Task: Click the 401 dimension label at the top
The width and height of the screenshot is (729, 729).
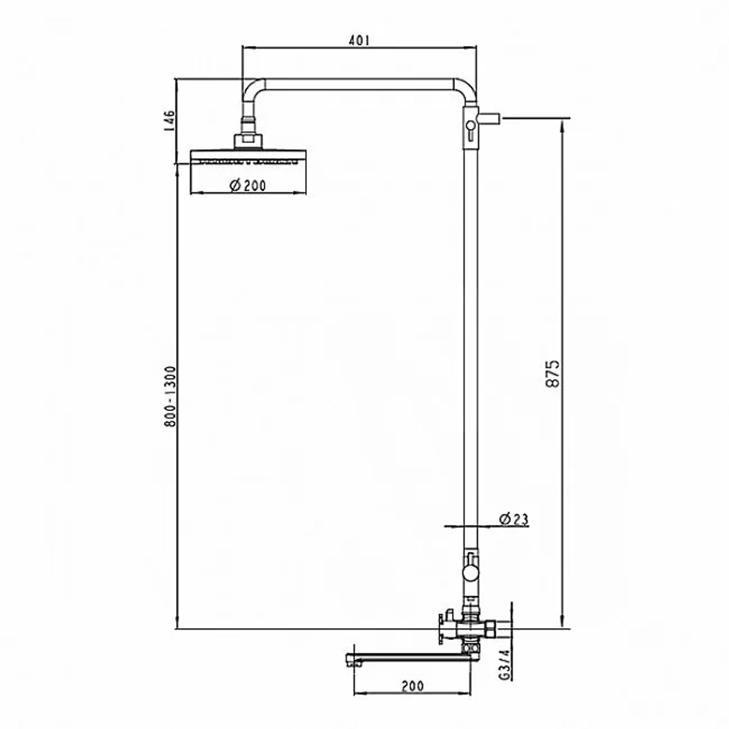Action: [359, 40]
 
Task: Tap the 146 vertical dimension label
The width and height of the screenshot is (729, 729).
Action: [169, 121]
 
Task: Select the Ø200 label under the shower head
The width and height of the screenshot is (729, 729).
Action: [248, 185]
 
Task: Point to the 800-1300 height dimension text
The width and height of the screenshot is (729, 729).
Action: [171, 397]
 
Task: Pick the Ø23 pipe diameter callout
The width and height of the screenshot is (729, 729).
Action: [514, 519]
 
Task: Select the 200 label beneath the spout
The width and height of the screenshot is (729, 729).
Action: [412, 686]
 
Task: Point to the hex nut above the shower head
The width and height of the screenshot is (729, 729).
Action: [249, 141]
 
